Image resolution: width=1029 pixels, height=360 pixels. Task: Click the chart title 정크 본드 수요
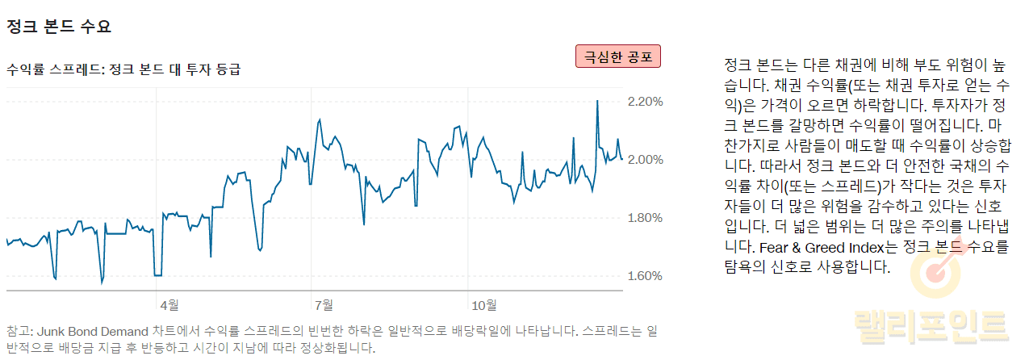58,27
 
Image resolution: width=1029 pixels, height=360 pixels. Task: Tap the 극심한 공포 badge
617,57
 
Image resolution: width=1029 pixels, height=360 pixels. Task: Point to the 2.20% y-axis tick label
645,102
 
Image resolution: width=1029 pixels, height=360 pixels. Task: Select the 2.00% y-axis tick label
645,160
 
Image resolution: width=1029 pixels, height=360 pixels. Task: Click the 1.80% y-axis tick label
645,218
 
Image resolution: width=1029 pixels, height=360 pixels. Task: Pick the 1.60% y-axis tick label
645,276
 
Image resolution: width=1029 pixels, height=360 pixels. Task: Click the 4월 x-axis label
169,305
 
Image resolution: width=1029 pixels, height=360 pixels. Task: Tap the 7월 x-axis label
324,305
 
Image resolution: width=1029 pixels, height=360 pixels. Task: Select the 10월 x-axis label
483,305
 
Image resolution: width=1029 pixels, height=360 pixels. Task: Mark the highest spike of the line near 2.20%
597,101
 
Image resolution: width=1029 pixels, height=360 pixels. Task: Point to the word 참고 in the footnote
18,331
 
